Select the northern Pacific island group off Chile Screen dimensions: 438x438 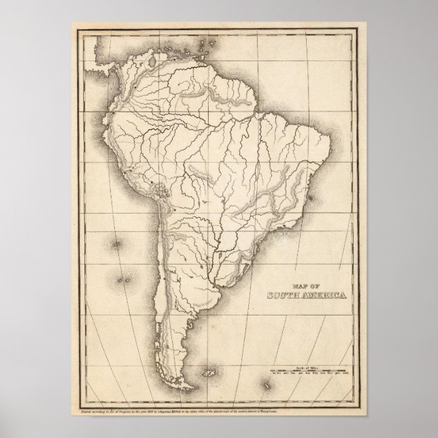point(120,242)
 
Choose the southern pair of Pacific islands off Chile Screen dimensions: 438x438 point(123,278)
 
